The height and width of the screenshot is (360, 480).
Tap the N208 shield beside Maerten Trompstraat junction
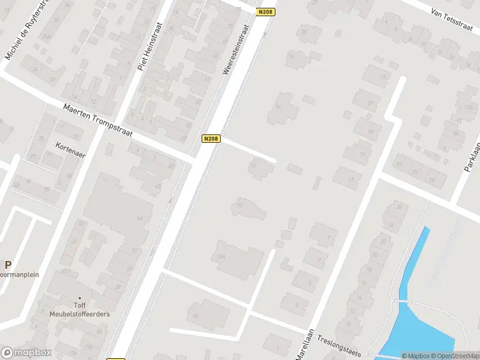[x=211, y=139]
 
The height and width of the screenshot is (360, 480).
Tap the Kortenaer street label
[x=70, y=150]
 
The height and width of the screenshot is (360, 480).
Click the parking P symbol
[x=8, y=265]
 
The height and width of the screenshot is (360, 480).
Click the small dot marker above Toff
[x=80, y=297]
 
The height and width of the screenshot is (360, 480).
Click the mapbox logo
[x=27, y=352]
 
